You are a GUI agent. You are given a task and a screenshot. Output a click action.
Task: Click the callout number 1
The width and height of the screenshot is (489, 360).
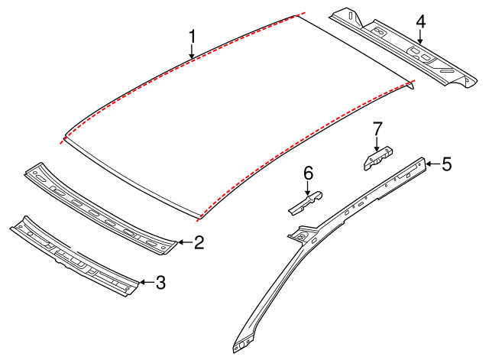point(193,36)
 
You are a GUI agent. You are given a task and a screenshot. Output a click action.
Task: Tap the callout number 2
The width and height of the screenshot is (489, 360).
point(199,243)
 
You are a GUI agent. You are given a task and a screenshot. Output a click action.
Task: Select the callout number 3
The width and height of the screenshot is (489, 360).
point(160,283)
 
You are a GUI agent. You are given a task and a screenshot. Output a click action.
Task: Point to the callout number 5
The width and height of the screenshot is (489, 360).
point(446,163)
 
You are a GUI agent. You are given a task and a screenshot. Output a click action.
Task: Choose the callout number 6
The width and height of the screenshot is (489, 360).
point(309,174)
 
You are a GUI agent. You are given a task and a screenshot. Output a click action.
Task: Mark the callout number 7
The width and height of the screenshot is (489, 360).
point(376,128)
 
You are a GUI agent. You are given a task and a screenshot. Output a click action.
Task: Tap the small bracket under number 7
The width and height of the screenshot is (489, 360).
point(377,157)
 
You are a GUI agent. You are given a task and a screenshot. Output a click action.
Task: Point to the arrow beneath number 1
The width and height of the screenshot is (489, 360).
point(193,52)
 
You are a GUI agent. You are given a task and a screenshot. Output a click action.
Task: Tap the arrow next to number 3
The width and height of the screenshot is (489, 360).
point(145,283)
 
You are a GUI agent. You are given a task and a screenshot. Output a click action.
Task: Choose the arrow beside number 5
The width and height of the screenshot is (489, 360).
point(432,163)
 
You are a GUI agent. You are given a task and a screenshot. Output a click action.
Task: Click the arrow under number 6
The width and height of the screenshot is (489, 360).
point(309,189)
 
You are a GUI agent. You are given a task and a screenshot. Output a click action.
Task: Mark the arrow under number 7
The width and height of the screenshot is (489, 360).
point(376,143)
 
